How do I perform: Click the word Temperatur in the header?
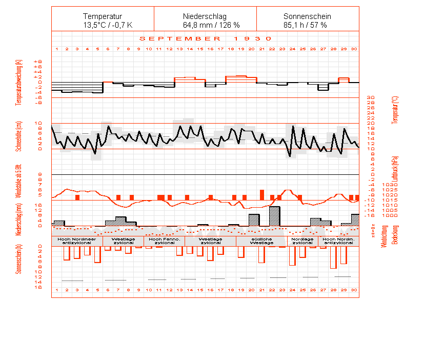(x=103, y=16)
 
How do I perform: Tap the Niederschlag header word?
(x=205, y=16)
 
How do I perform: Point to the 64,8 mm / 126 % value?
(x=205, y=25)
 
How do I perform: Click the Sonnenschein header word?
(x=307, y=16)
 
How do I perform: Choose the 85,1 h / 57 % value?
(x=305, y=25)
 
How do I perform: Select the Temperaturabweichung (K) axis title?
(x=19, y=82)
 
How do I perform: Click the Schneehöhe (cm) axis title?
(x=19, y=136)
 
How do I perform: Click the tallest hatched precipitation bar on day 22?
(x=274, y=216)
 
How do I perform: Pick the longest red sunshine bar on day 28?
(x=333, y=257)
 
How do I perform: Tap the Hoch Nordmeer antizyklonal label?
(x=77, y=241)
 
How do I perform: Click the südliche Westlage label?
(x=261, y=241)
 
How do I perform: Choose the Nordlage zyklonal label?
(x=302, y=241)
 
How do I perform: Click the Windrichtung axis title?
(x=384, y=236)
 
